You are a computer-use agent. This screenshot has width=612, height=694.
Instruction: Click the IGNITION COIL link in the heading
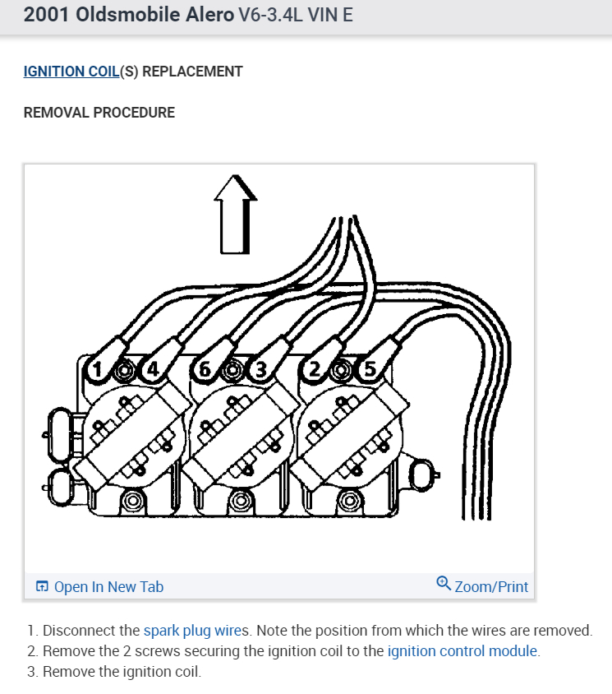point(71,72)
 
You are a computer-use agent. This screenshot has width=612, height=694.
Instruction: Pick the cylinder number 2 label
point(312,371)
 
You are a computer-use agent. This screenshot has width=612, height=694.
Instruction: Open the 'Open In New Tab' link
point(108,586)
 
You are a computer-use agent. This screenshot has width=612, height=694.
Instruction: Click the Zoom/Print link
point(491,586)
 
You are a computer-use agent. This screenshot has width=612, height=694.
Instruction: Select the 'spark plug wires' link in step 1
point(196,631)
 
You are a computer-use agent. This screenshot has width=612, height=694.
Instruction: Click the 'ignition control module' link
point(463,651)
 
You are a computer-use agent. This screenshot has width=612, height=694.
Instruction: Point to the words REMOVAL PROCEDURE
point(99,113)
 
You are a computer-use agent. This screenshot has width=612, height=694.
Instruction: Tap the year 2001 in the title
point(47,16)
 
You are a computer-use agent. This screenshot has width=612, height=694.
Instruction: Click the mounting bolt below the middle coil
point(241,500)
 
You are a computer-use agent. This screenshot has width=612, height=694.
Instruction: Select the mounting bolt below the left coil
point(134,500)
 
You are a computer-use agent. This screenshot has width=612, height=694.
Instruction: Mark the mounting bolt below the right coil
point(349,500)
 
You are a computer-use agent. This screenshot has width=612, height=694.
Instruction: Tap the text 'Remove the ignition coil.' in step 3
point(122,672)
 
